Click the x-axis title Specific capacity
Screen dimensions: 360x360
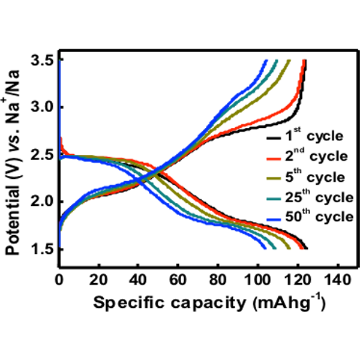coord(208,303)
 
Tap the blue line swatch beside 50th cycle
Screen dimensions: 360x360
coord(275,218)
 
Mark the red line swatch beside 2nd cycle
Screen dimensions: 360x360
coord(275,158)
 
